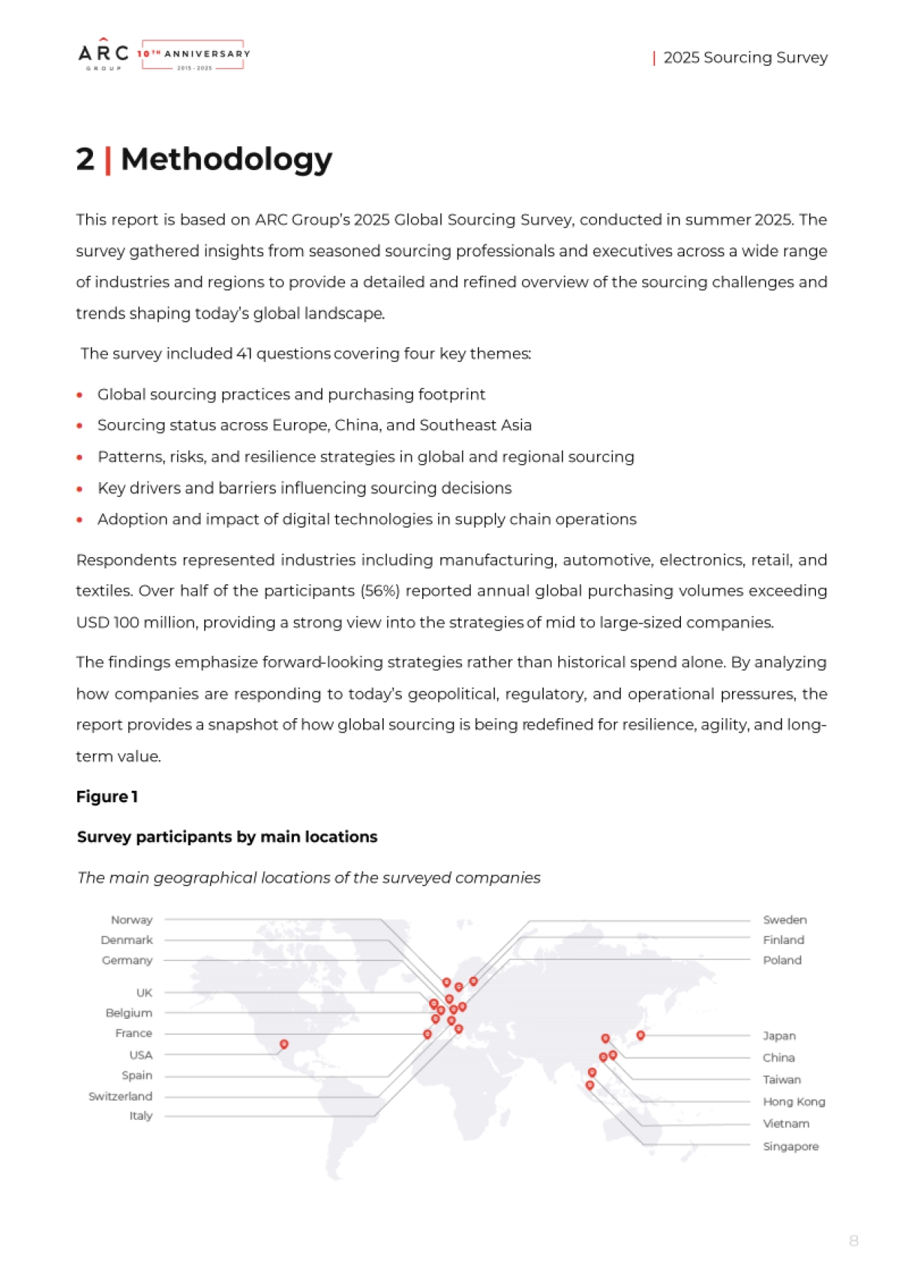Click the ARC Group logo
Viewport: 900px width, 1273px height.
(103, 55)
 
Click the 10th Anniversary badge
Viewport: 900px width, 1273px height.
(193, 55)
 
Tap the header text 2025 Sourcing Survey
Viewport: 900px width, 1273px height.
(745, 58)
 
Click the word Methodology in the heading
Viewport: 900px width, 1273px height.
(226, 160)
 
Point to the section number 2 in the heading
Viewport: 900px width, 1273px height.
(85, 160)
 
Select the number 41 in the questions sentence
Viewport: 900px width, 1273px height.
(244, 354)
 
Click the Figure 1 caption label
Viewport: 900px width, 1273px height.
(106, 797)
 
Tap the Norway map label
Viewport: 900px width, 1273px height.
(132, 920)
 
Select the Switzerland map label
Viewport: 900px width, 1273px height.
(121, 1096)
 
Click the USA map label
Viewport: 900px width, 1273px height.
(141, 1055)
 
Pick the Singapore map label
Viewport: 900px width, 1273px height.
(790, 1146)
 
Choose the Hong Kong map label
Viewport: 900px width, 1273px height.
(793, 1102)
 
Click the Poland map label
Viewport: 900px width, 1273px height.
(782, 960)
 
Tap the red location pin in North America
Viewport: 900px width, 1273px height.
(284, 1044)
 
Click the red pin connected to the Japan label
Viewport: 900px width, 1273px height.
(640, 1035)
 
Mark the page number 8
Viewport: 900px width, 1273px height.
(853, 1241)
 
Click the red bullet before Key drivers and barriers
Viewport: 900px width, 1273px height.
(79, 489)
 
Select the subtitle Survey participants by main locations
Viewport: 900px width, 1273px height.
(227, 837)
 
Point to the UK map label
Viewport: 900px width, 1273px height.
(144, 993)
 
